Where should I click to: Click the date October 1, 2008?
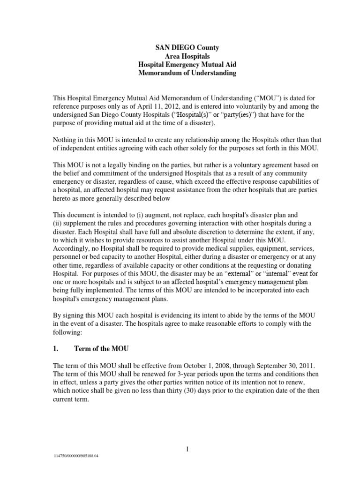(x=208, y=364)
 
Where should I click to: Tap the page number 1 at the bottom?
(x=187, y=450)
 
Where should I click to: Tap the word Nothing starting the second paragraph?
(x=66, y=140)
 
